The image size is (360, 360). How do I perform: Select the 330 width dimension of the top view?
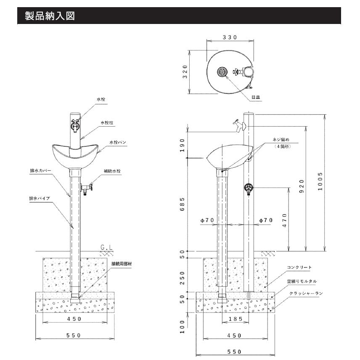pos(230,37)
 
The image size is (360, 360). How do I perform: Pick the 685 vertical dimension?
pos(183,205)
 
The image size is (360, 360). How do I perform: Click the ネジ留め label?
pos(282,139)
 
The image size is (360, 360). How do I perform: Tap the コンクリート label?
pos(299,267)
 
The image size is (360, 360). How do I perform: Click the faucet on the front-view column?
pos(76,125)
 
